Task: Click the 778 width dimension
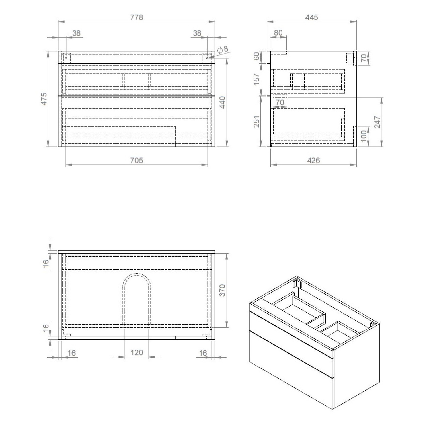pos(136,18)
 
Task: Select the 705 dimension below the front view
pos(136,161)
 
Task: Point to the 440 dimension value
pos(222,102)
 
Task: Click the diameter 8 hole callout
pos(223,49)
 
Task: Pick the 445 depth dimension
pos(311,18)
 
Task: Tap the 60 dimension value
pos(257,56)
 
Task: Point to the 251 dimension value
pos(257,121)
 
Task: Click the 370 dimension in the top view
pos(222,290)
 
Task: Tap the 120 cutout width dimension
pos(136,353)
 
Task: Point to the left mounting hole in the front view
pos(66,58)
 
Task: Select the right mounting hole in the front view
pos(207,58)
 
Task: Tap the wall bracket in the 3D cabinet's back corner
pos(297,284)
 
